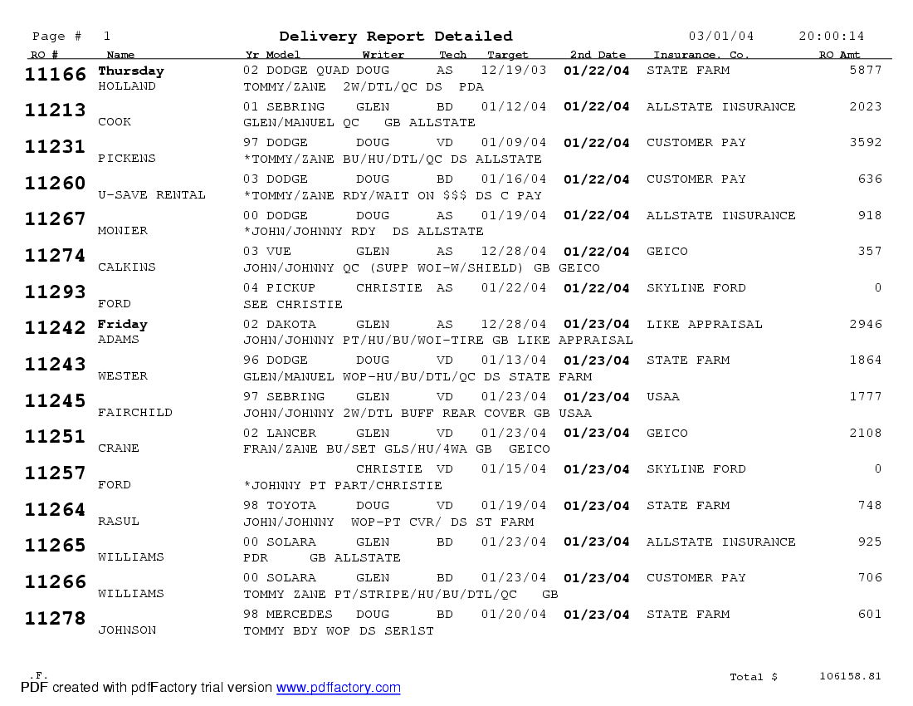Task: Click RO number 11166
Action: point(56,75)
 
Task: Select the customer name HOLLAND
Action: point(126,86)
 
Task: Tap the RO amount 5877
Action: point(866,71)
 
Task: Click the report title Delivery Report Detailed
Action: point(396,37)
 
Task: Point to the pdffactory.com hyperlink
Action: point(338,688)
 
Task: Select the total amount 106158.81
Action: point(850,676)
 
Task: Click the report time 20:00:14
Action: point(831,37)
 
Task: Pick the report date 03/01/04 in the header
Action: point(721,37)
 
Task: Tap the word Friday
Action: point(122,324)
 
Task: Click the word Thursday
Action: point(130,71)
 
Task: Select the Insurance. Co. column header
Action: point(701,56)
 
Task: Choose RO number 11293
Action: point(56,292)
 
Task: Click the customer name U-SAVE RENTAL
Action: point(151,195)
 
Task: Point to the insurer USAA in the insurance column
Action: point(662,397)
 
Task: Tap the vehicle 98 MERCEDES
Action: point(287,615)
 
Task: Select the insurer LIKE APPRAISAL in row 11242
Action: point(704,325)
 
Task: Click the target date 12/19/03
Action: point(514,71)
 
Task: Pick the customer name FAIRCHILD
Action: point(134,413)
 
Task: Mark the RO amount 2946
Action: point(866,325)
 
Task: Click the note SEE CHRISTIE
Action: point(292,305)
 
